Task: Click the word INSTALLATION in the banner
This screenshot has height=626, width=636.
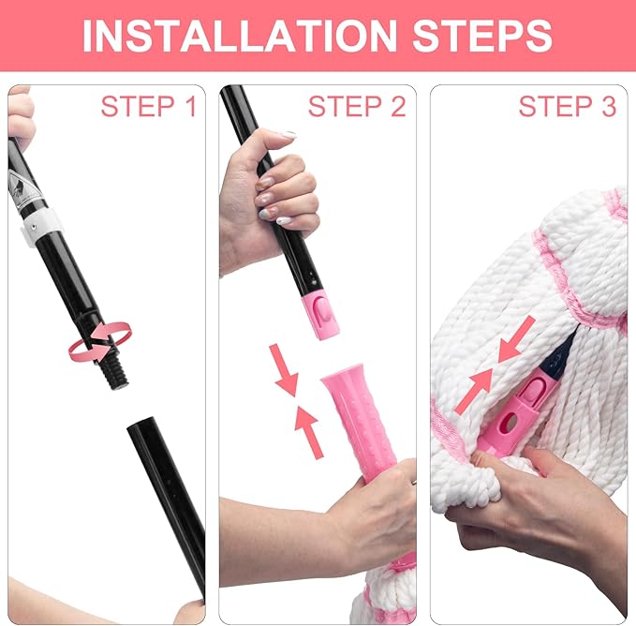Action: tap(239, 36)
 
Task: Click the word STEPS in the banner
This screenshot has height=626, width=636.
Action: tap(482, 36)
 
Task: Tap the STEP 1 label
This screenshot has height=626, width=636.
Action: tap(148, 106)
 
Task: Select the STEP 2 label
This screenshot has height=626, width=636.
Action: tap(357, 106)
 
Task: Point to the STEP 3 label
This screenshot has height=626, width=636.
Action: tap(568, 106)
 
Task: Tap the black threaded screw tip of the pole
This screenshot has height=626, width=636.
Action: tap(115, 368)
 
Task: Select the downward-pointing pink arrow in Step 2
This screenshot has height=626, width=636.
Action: tap(285, 369)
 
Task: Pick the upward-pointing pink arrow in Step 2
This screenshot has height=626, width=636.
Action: tap(309, 432)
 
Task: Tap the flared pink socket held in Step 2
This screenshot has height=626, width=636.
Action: tap(359, 418)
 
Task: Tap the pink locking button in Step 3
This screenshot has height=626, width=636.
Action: tap(531, 390)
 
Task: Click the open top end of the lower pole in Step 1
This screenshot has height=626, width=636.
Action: tap(141, 424)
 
